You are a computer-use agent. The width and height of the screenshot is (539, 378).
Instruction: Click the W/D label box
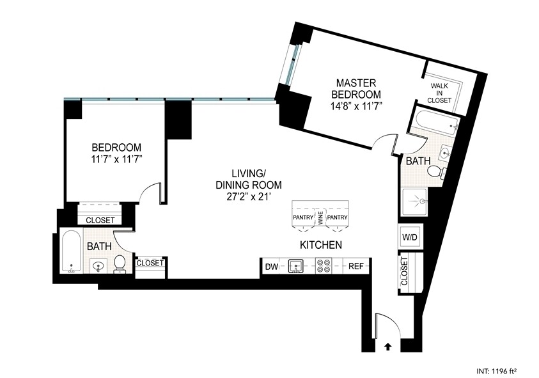(409, 237)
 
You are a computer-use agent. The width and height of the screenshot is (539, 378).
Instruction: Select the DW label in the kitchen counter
(271, 265)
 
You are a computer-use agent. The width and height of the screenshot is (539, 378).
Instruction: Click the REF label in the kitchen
(355, 265)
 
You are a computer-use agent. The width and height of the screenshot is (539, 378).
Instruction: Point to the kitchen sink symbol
(295, 265)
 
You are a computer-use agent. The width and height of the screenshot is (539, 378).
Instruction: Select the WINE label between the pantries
(321, 218)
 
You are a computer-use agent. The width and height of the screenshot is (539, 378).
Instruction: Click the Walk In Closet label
(441, 93)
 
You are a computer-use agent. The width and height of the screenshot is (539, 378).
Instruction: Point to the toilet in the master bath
(435, 171)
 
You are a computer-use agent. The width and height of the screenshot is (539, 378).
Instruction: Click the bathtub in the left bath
(71, 253)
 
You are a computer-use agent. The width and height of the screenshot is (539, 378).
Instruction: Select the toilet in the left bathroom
(120, 264)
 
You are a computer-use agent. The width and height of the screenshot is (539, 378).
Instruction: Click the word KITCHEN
(320, 245)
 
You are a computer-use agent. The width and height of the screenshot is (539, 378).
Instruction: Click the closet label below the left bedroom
(100, 220)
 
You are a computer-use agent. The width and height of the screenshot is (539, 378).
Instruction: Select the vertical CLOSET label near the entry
(404, 271)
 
